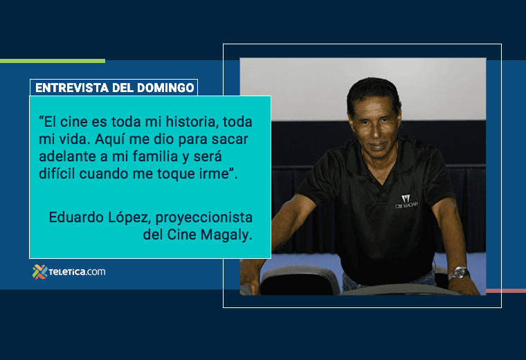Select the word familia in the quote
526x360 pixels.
click(x=144, y=157)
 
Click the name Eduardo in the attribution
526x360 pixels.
click(x=75, y=217)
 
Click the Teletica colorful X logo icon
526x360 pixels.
click(x=39, y=271)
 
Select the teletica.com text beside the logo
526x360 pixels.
click(x=77, y=271)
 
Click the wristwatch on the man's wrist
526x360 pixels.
click(x=457, y=273)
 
